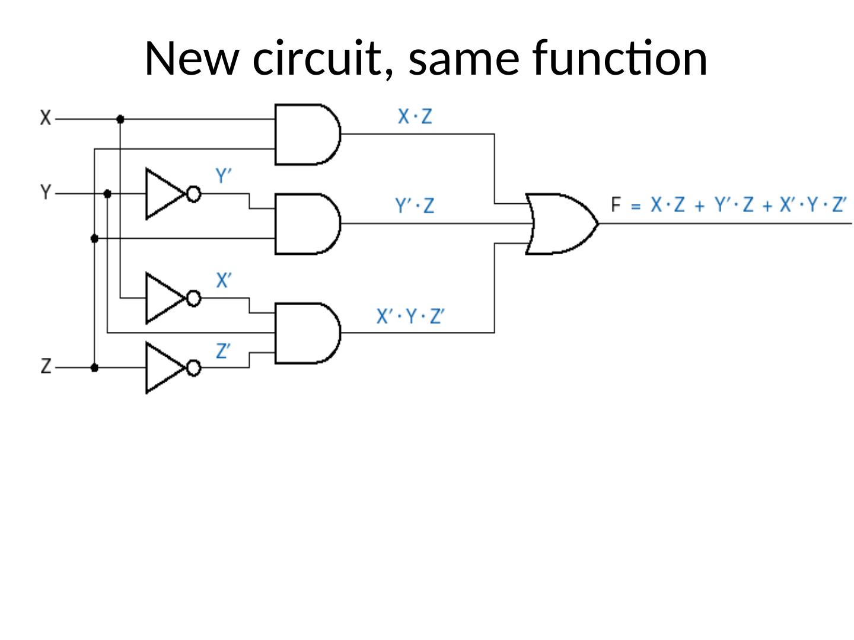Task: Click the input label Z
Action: coord(46,367)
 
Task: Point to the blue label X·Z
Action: coord(415,117)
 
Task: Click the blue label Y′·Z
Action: coord(415,206)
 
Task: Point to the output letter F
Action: coord(616,206)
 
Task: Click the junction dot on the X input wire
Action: coord(120,119)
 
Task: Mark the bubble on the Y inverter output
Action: coord(194,194)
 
